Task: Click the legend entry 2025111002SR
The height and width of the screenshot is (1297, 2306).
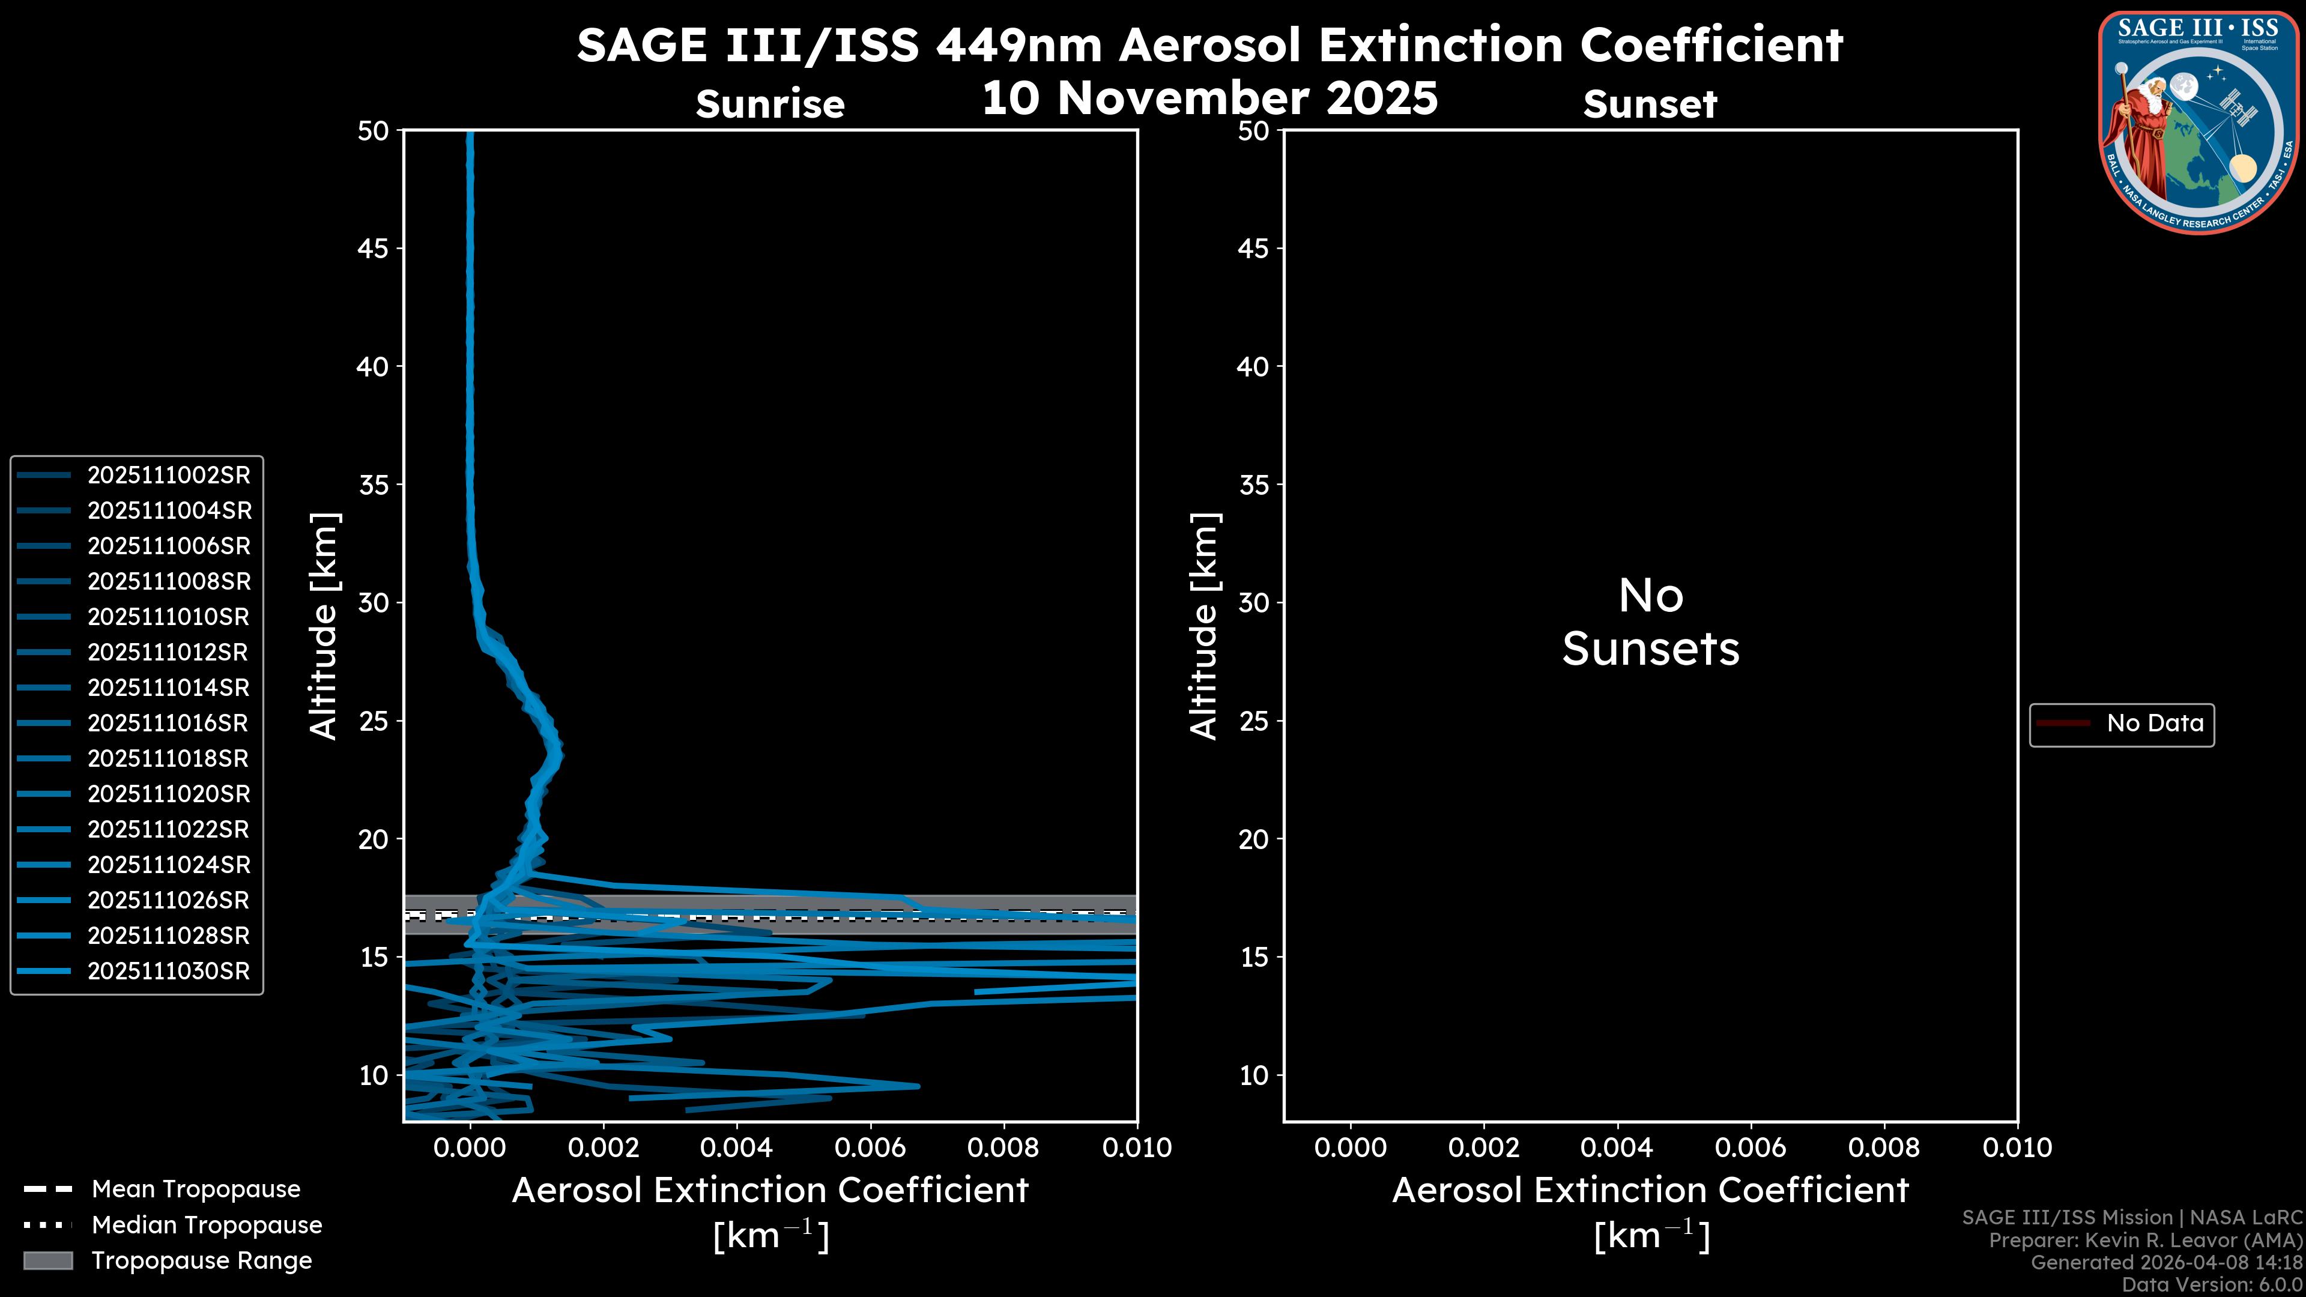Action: point(168,476)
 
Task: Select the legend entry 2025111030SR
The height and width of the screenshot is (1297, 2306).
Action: point(168,971)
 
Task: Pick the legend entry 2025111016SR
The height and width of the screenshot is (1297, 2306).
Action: point(168,723)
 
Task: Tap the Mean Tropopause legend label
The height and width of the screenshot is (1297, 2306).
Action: point(196,1189)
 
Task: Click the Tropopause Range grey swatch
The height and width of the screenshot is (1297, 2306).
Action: point(48,1260)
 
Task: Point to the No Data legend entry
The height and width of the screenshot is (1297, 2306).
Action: point(2154,723)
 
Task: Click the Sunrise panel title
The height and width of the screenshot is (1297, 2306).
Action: point(770,104)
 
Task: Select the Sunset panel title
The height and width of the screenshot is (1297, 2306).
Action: point(1650,104)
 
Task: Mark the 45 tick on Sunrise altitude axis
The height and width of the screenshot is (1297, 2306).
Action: point(374,248)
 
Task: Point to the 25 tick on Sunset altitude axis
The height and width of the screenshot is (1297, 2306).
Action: point(1253,721)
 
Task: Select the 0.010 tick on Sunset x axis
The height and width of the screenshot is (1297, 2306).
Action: point(2017,1147)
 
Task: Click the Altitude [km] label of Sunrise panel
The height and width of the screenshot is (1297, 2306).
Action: point(323,626)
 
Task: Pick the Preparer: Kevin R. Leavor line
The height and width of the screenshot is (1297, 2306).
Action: point(2145,1240)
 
